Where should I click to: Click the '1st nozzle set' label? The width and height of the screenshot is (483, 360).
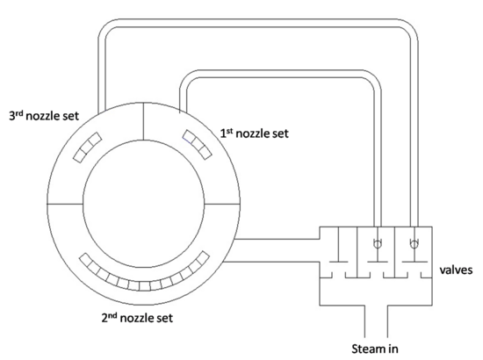pos(254,134)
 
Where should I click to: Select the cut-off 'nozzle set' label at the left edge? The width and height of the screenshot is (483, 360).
pos(36,115)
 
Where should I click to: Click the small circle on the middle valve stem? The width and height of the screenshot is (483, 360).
pos(378,243)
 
